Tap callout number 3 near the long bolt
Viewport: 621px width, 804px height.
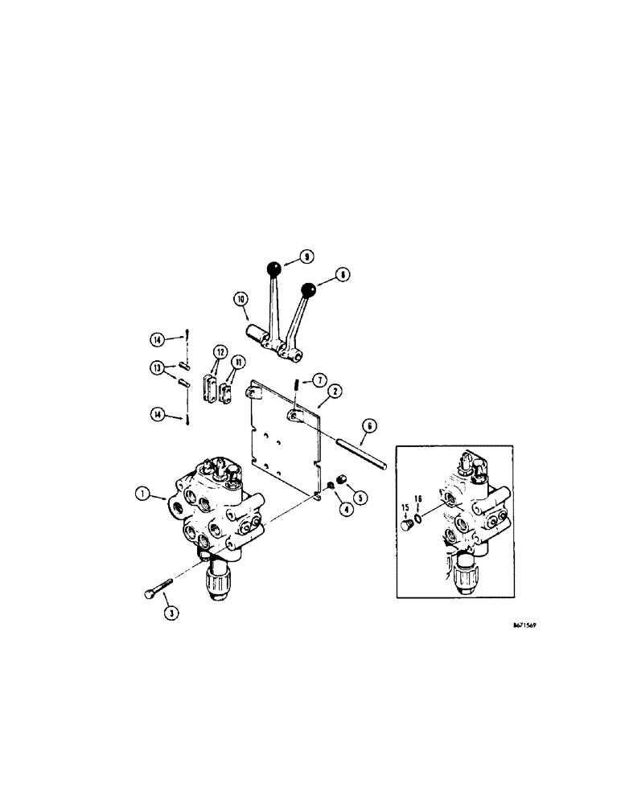tap(171, 612)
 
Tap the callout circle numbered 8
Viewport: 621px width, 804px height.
tap(344, 274)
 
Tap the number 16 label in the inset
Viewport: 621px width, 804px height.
tap(418, 499)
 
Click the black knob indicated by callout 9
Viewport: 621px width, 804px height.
tap(275, 268)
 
